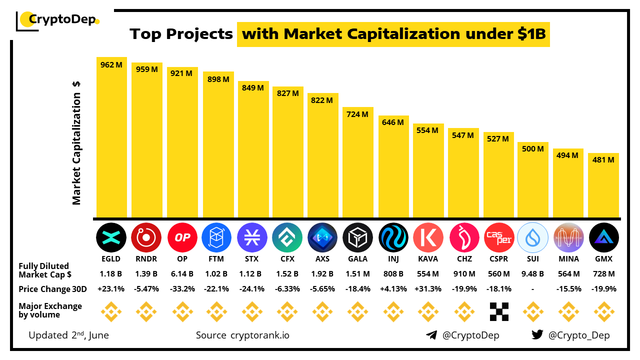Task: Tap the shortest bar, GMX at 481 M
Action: pos(603,185)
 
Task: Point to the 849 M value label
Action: pos(252,88)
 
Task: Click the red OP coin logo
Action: pos(182,237)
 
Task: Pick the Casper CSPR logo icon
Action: pos(498,237)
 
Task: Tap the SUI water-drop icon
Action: pos(533,237)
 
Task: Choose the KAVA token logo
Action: pos(428,237)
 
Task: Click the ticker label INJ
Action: pos(393,259)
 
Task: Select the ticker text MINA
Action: pos(569,259)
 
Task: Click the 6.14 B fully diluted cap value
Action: pos(182,274)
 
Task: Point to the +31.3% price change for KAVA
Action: pos(428,289)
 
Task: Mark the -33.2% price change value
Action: pos(182,289)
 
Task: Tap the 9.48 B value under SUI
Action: pos(533,274)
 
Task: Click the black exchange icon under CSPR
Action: pos(498,311)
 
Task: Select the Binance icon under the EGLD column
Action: pos(111,311)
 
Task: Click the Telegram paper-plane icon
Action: pos(431,335)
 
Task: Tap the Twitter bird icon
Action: pos(537,335)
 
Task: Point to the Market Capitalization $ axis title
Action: pos(76,142)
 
